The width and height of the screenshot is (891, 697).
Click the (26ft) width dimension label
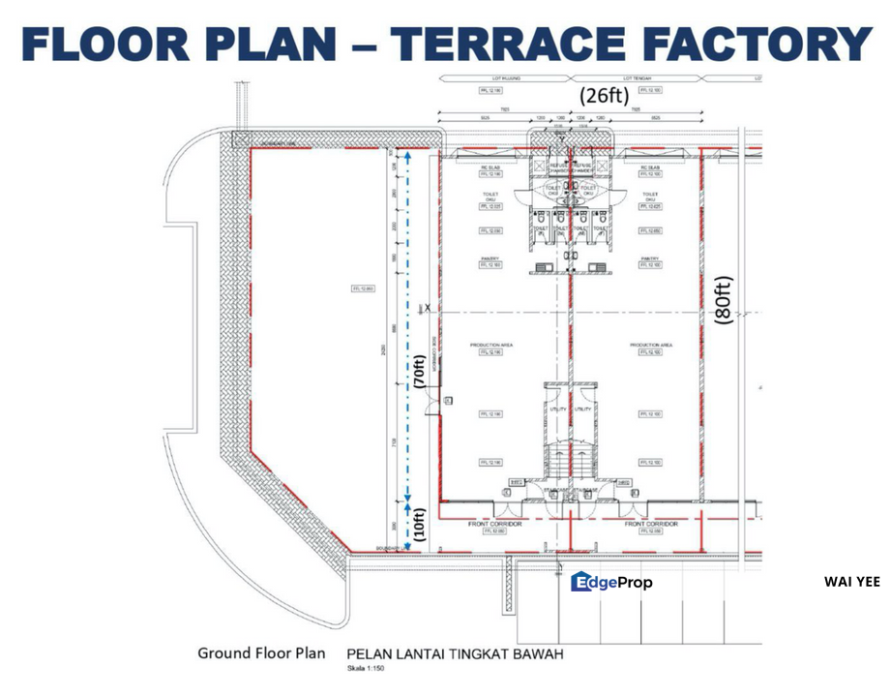click(x=604, y=96)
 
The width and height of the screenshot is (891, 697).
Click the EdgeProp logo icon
click(x=580, y=581)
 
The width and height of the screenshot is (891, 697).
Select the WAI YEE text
click(x=851, y=582)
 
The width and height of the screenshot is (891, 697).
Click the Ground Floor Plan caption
click(x=261, y=652)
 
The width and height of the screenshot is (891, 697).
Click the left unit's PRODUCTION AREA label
click(x=490, y=345)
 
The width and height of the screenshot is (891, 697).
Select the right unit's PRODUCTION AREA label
click(x=650, y=345)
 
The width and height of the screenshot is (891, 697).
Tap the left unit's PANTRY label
click(x=490, y=258)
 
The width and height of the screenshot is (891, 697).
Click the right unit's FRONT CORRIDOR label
click(x=650, y=524)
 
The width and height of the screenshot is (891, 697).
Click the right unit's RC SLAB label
click(x=649, y=167)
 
